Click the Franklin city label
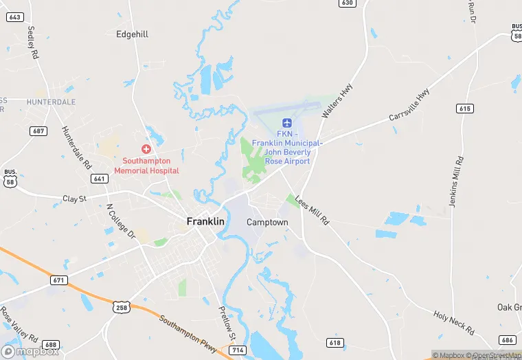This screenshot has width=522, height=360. [205, 222]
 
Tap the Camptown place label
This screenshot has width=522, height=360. [267, 223]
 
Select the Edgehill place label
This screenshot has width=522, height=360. [132, 34]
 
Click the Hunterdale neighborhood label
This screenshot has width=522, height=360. [51, 102]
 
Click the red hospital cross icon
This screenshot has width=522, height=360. [146, 149]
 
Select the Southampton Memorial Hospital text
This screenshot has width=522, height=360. [146, 166]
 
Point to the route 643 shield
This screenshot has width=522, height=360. [14, 16]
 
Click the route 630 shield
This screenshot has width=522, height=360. [348, 3]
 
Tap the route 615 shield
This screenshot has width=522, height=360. [465, 109]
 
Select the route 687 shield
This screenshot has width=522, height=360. [38, 131]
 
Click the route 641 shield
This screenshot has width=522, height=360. [99, 179]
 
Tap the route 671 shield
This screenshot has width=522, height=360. [59, 280]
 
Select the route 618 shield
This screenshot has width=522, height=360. [335, 343]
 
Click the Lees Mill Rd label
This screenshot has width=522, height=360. [313, 210]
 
